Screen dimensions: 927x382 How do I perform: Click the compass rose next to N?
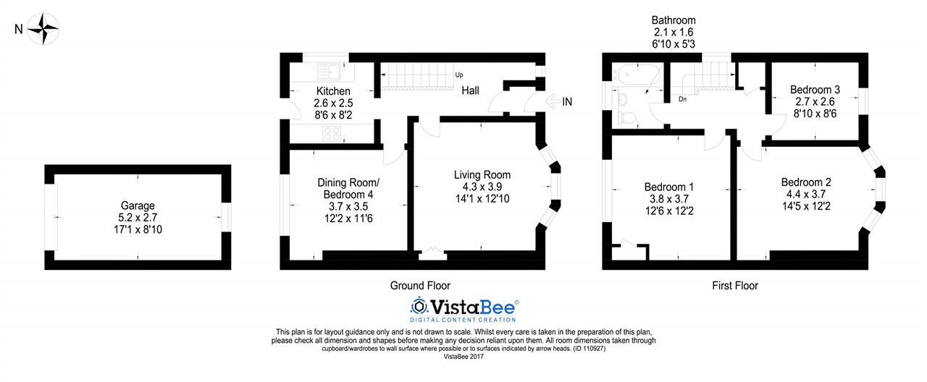[43, 28]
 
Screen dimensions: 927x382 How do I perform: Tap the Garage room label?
[138, 205]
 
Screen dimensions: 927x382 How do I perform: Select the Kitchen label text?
[333, 91]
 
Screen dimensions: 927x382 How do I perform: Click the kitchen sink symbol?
[330, 72]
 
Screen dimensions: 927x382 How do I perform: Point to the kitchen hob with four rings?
[332, 134]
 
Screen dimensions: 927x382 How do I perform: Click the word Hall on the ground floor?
[471, 90]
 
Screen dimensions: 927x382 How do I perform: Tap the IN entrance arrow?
[553, 101]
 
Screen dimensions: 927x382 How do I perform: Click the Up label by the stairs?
[459, 75]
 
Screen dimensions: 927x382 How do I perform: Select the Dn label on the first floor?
[682, 99]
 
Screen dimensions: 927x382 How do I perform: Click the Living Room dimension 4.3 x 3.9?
[482, 187]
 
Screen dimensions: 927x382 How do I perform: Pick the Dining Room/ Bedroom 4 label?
[348, 189]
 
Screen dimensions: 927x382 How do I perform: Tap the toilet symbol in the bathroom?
[626, 117]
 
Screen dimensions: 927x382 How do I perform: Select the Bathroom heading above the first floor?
[674, 20]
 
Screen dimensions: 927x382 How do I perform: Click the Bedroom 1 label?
[668, 187]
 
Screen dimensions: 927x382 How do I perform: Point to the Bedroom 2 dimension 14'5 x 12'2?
[806, 206]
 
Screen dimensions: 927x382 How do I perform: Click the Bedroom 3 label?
[815, 90]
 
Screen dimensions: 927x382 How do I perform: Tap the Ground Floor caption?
[420, 286]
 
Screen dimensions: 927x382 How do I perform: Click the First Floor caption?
[735, 286]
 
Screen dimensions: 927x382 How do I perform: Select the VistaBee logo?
[464, 309]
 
